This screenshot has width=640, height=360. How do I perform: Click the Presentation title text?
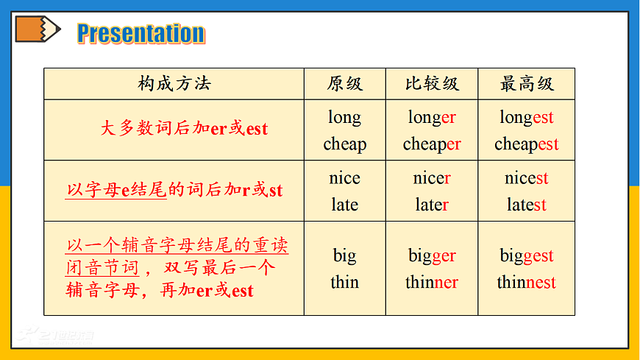click(x=141, y=33)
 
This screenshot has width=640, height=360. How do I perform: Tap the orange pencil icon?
click(x=38, y=29)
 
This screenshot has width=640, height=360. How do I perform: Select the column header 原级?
click(x=345, y=84)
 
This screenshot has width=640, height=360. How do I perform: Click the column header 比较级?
click(x=432, y=84)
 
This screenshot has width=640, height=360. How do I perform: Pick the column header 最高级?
click(x=526, y=84)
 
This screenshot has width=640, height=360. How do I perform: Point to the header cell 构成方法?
click(x=174, y=84)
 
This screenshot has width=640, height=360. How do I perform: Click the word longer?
click(x=432, y=118)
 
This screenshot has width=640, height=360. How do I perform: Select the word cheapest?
click(x=526, y=144)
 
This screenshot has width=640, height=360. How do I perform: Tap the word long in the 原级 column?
click(x=344, y=118)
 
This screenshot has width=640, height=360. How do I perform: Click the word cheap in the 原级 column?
click(x=344, y=144)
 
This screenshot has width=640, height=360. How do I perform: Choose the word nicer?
click(x=432, y=178)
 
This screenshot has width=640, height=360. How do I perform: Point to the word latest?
click(x=526, y=205)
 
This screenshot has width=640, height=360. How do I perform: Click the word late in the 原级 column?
click(x=344, y=205)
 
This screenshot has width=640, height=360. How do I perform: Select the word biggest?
click(x=526, y=256)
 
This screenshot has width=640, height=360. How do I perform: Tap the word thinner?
click(x=432, y=283)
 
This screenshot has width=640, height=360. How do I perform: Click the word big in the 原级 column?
click(x=344, y=256)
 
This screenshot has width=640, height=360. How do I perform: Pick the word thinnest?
click(x=526, y=283)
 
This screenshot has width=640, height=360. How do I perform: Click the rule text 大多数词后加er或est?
click(x=184, y=129)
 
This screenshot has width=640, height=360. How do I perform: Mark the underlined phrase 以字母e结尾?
click(x=116, y=191)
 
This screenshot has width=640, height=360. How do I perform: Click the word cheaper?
click(x=432, y=144)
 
